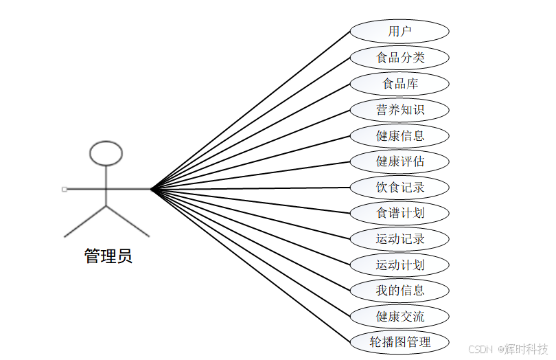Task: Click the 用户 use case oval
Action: [x=399, y=32]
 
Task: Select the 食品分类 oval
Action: [x=399, y=58]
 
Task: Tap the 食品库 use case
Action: [x=399, y=84]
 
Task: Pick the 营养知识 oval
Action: [x=399, y=110]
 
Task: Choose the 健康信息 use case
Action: [x=399, y=135]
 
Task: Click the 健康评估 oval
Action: [x=399, y=161]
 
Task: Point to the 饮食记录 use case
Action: [x=399, y=188]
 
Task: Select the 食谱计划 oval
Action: [x=399, y=213]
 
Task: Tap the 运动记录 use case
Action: [x=399, y=239]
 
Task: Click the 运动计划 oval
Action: [x=399, y=265]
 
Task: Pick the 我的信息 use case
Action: [x=399, y=291]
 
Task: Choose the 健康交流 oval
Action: [x=399, y=317]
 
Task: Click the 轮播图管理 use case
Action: [x=399, y=342]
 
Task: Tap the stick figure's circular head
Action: [x=106, y=154]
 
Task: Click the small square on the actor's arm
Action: [x=64, y=188]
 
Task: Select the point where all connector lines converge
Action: [x=152, y=188]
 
